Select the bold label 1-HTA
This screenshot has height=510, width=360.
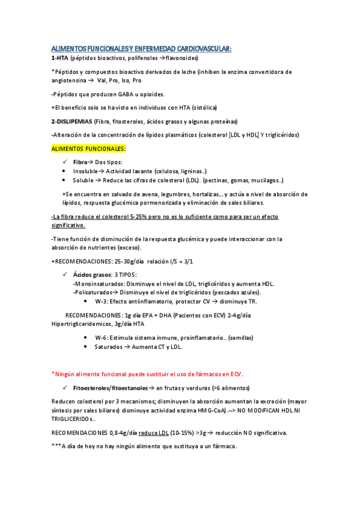click(x=59, y=58)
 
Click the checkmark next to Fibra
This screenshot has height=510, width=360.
click(x=65, y=162)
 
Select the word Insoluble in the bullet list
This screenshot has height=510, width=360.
click(x=87, y=171)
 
